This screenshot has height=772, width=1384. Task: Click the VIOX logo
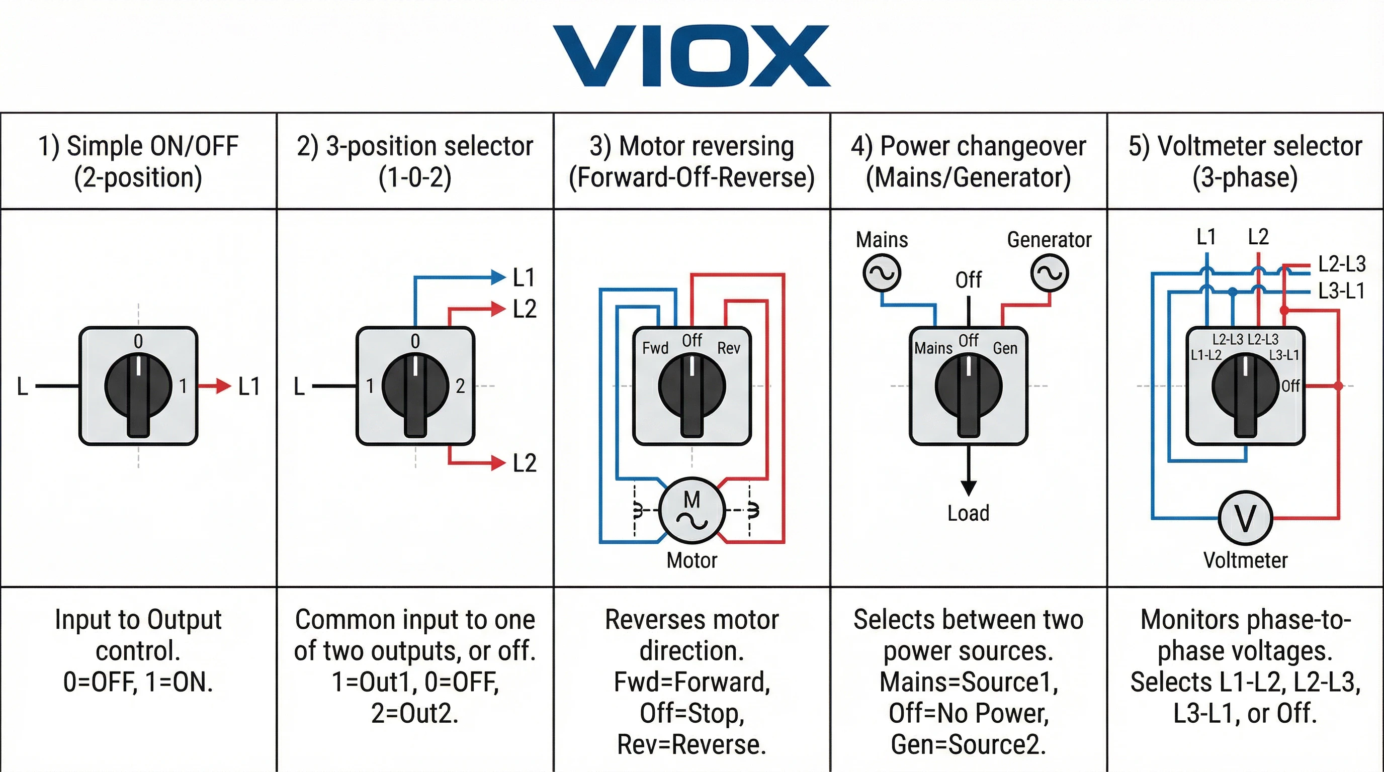[691, 55]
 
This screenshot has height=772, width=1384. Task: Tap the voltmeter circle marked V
[1245, 518]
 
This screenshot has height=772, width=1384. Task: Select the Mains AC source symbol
[882, 273]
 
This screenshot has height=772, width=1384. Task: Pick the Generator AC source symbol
[1049, 273]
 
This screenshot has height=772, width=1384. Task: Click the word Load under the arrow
[968, 513]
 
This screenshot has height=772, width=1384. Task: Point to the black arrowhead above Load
[968, 488]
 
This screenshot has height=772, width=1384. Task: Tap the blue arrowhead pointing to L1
[498, 277]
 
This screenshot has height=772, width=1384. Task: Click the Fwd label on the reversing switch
[655, 348]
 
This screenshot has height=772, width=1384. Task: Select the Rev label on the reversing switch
[729, 348]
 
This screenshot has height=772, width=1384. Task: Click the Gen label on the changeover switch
[1005, 348]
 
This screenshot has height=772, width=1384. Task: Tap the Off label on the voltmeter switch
[1290, 386]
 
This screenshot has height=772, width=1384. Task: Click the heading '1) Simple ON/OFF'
[138, 146]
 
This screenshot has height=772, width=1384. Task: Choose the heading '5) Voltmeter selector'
[1245, 146]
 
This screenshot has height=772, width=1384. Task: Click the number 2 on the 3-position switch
[460, 386]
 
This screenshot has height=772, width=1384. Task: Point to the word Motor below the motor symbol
[692, 560]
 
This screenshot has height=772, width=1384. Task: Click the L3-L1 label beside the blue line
[1341, 291]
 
